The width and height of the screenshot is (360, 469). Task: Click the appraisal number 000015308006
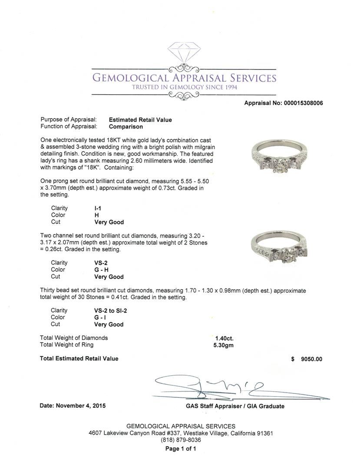point(300,103)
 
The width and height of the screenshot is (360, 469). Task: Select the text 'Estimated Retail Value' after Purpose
point(140,120)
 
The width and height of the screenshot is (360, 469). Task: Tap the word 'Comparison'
point(126,127)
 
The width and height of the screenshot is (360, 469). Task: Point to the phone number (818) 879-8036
point(180,440)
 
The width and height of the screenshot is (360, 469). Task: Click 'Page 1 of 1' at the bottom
point(180,449)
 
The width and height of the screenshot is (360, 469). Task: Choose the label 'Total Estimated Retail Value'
point(79,359)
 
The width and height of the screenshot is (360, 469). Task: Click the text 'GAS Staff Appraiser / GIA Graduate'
point(235,406)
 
